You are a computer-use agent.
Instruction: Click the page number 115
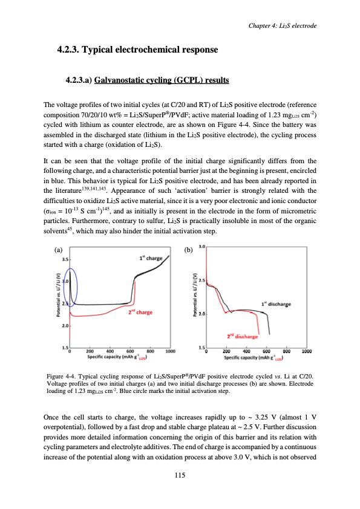(x=179, y=475)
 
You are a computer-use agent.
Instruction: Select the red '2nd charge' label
(x=139, y=313)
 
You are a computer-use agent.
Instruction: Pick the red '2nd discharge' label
(x=243, y=336)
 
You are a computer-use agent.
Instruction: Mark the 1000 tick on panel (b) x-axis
(x=307, y=351)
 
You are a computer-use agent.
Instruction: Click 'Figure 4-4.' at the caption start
(x=62, y=377)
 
